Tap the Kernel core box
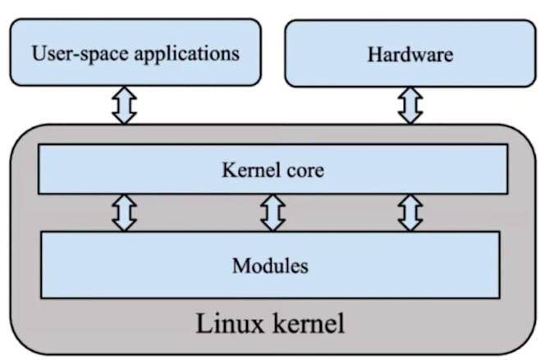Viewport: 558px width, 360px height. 272,170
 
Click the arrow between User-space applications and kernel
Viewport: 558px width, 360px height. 124,105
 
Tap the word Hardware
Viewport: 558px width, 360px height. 409,56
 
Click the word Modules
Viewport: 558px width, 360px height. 270,266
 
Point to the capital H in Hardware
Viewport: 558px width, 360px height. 373,56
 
